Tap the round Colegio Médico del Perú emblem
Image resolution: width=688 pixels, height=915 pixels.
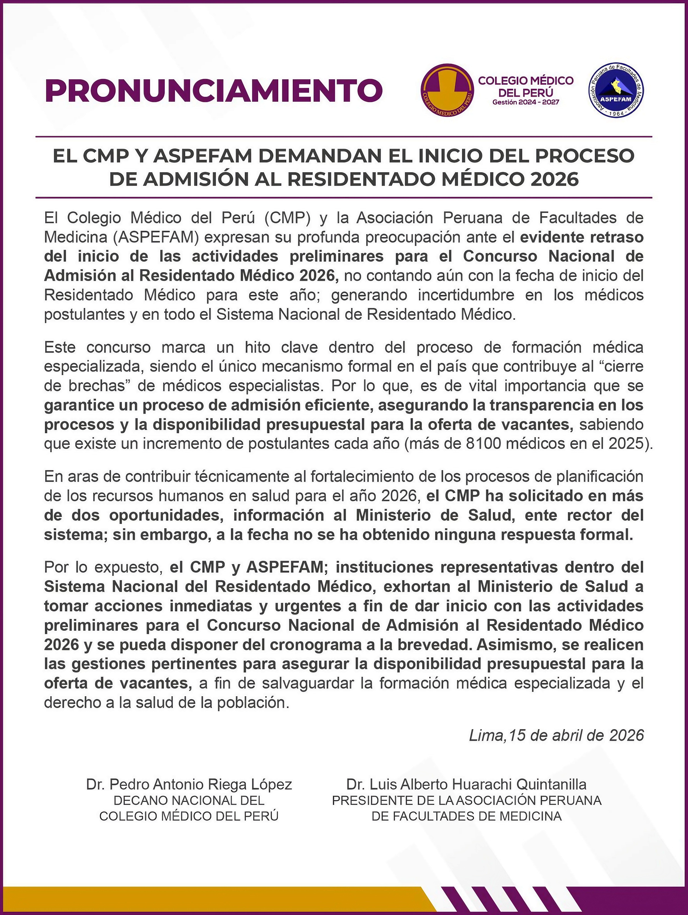click(x=447, y=90)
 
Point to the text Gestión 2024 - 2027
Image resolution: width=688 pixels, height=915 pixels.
click(x=526, y=102)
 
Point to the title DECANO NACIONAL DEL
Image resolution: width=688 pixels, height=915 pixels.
click(x=189, y=800)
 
